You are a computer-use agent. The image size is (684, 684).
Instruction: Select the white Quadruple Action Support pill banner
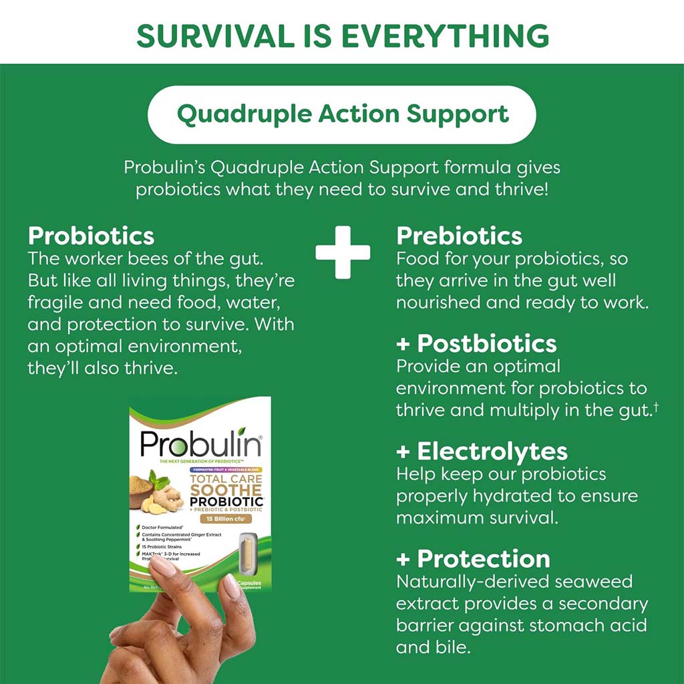click(341, 114)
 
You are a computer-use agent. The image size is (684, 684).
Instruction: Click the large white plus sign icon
click(343, 252)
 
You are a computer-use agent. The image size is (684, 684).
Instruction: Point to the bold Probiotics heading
click(91, 236)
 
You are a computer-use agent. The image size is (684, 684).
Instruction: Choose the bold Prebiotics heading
click(459, 236)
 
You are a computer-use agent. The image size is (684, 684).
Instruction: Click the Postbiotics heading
click(486, 343)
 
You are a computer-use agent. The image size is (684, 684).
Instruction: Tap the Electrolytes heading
click(492, 452)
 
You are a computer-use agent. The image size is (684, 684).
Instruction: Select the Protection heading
click(483, 558)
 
